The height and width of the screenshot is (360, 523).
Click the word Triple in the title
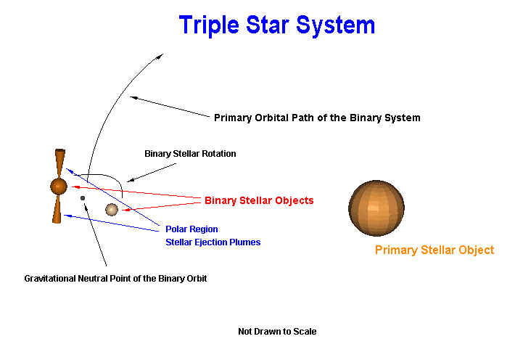tap(209, 25)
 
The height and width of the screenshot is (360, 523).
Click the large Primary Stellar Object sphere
tap(376, 208)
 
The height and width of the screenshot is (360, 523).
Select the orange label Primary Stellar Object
tap(435, 250)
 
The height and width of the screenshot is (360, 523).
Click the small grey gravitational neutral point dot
tap(83, 198)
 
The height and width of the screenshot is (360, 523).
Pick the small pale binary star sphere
tap(112, 210)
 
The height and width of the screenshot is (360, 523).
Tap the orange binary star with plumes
tap(59, 187)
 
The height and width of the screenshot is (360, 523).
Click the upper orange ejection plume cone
tap(60, 163)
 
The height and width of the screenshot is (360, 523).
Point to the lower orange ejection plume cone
tap(57, 209)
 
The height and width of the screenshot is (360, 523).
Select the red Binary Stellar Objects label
tap(259, 200)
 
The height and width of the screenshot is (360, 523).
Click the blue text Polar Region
tap(192, 229)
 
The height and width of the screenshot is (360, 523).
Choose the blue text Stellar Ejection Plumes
tap(213, 242)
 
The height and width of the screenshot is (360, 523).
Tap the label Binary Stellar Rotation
tap(190, 153)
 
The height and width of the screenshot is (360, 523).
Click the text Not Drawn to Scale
tap(277, 331)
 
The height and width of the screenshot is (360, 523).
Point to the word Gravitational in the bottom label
tap(50, 278)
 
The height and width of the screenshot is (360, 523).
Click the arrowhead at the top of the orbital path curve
tap(160, 57)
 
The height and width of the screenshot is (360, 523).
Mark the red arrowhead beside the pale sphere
tap(125, 210)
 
